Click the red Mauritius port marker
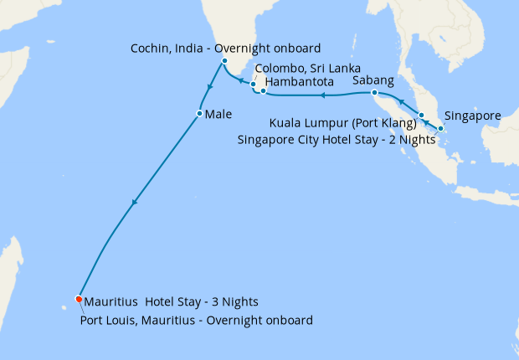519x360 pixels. click(x=79, y=299)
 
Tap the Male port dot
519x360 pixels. click(x=199, y=113)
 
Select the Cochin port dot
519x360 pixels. click(x=224, y=61)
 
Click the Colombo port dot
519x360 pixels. click(x=253, y=85)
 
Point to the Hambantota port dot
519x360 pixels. click(x=263, y=90)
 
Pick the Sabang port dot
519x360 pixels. click(x=374, y=92)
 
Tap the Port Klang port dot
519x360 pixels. click(x=422, y=116)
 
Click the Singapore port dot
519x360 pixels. click(x=440, y=128)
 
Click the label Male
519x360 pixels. click(x=218, y=113)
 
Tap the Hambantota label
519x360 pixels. click(x=300, y=82)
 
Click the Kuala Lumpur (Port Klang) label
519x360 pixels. click(x=342, y=125)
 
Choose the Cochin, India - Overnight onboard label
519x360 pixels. click(x=226, y=48)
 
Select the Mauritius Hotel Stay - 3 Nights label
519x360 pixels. click(x=171, y=302)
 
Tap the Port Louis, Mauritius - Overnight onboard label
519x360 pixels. click(x=197, y=320)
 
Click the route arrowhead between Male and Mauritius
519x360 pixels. click(x=134, y=203)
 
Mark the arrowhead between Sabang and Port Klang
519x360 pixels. click(x=401, y=102)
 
